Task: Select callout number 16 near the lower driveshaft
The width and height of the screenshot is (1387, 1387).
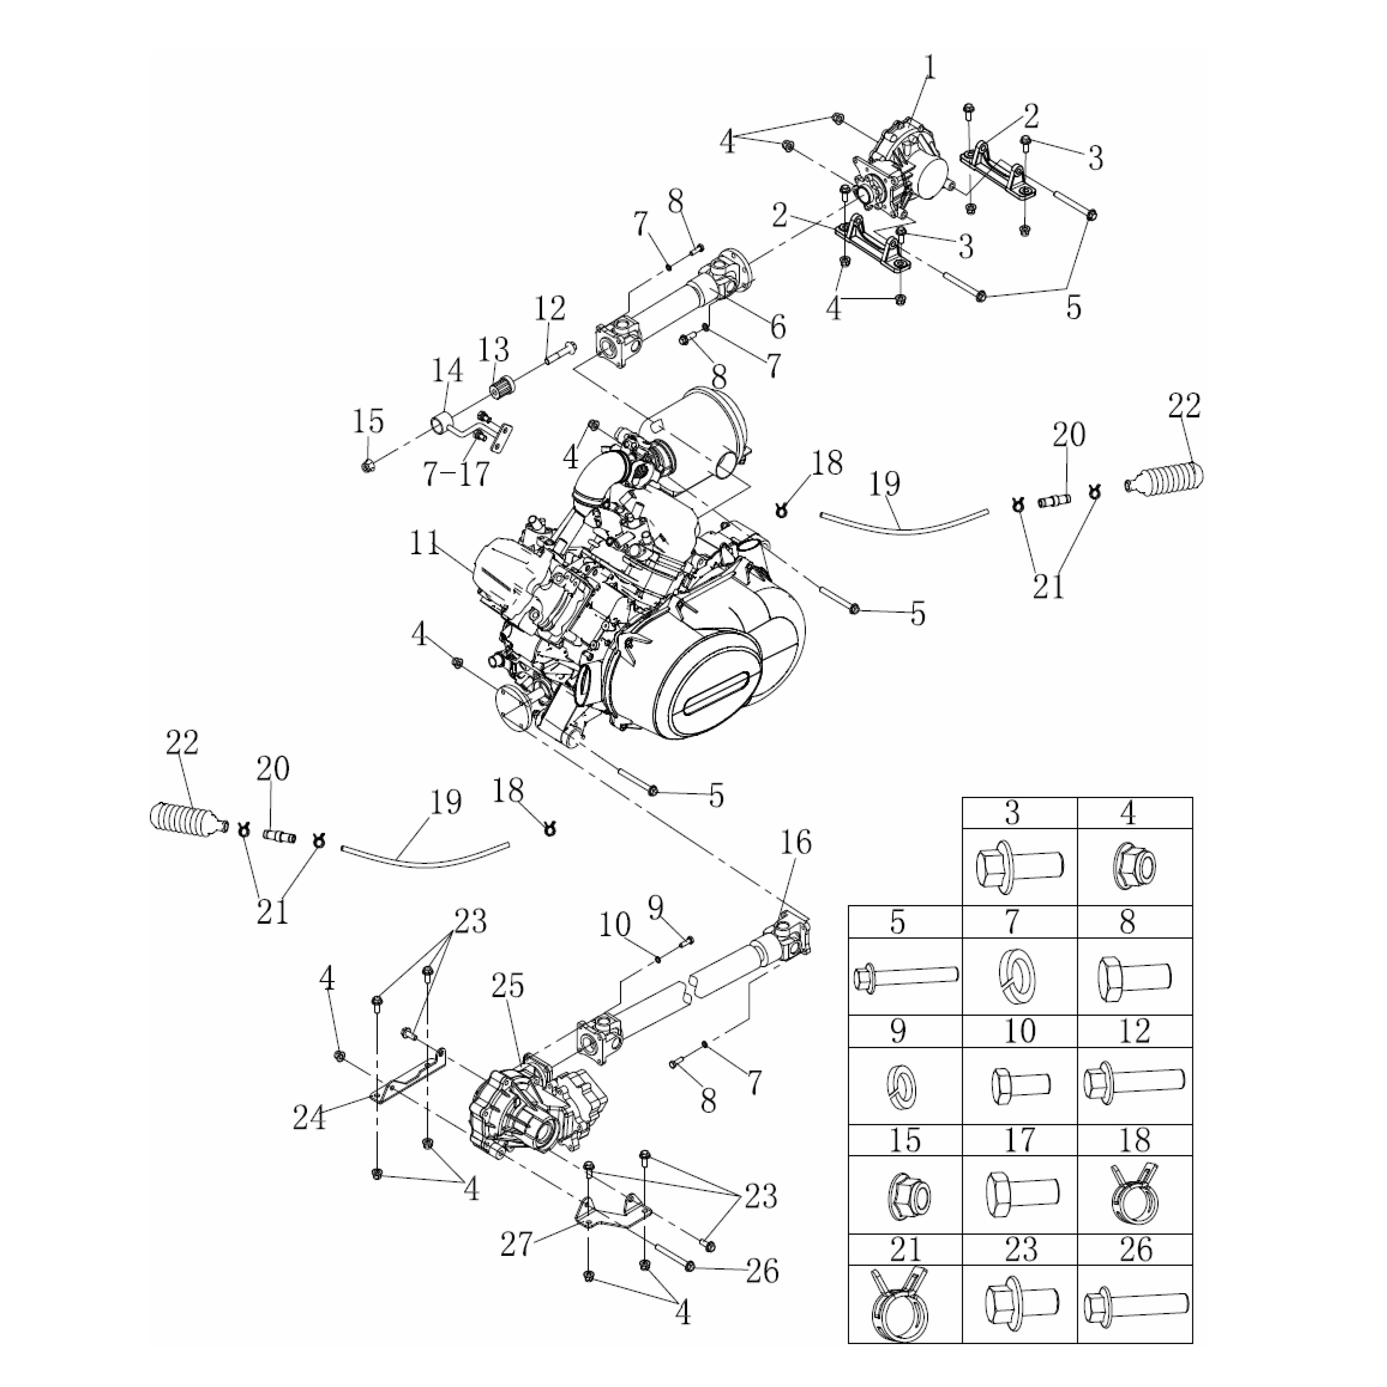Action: [x=795, y=843]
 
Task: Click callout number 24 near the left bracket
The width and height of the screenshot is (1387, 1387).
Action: [x=310, y=1118]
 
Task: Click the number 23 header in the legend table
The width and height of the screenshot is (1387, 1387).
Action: [x=1020, y=1250]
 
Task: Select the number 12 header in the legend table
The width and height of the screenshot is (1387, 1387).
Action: [x=1134, y=1031]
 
